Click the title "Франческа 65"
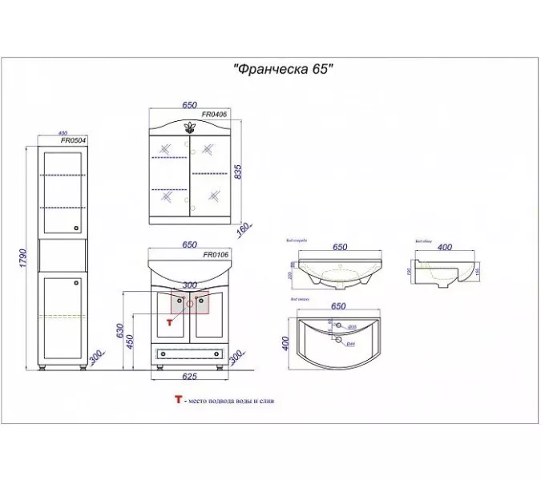click(x=282, y=69)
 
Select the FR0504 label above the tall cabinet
click(x=73, y=140)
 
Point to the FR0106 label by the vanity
click(x=216, y=255)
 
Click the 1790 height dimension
click(x=24, y=258)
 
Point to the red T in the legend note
click(x=177, y=400)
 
